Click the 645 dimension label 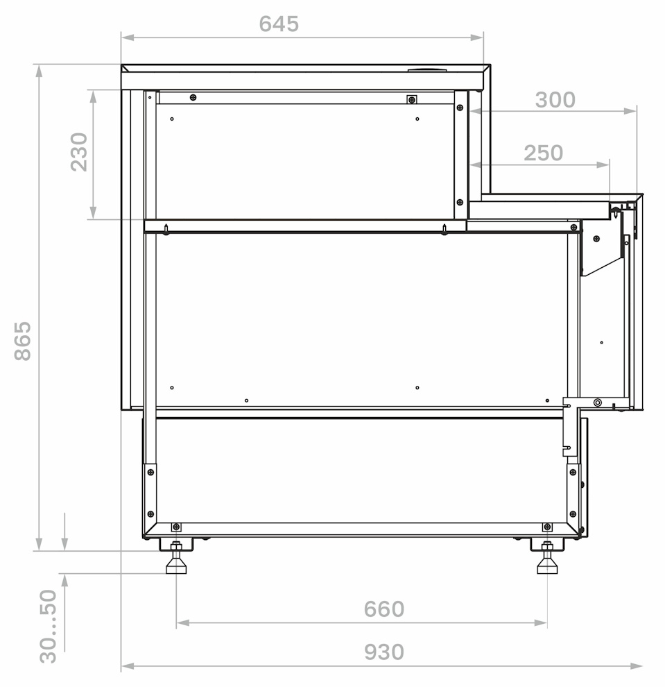(x=279, y=24)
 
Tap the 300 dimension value (x=555, y=100)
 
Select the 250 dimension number (x=543, y=153)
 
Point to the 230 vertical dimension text (x=79, y=151)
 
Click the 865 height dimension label (x=23, y=341)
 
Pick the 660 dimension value (x=384, y=609)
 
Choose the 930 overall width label (x=384, y=652)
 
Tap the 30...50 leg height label (x=48, y=626)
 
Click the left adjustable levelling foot (x=176, y=558)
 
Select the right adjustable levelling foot (x=547, y=558)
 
